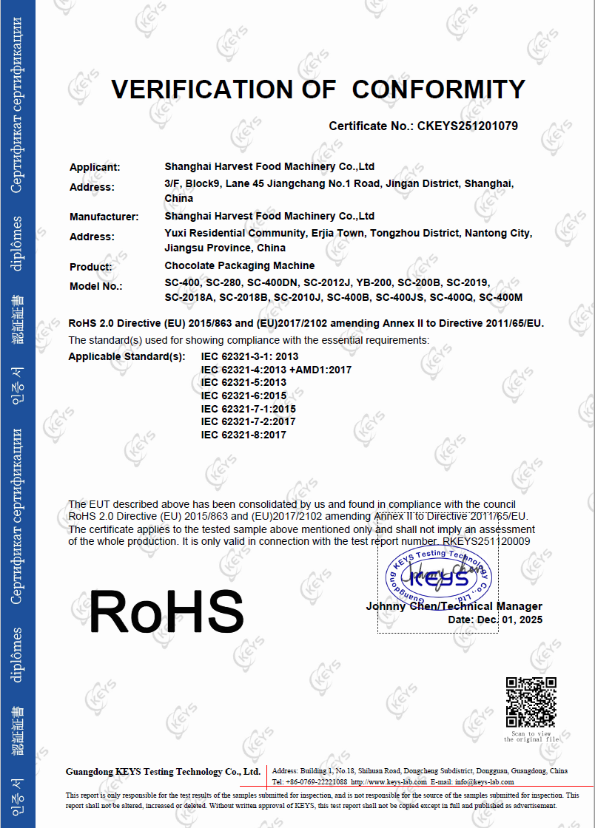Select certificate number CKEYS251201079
pyautogui.click(x=468, y=126)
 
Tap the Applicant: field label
pyautogui.click(x=95, y=168)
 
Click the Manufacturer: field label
pyautogui.click(x=104, y=217)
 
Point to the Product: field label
pyautogui.click(x=91, y=267)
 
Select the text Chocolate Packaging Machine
pyautogui.click(x=240, y=265)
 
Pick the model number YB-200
pyautogui.click(x=374, y=283)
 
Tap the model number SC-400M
pyautogui.click(x=501, y=298)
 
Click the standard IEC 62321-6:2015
pyautogui.click(x=243, y=396)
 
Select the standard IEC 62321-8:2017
pyautogui.click(x=243, y=435)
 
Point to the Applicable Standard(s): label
pyautogui.click(x=127, y=356)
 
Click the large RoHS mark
pyautogui.click(x=167, y=611)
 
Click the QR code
pyautogui.click(x=531, y=702)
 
